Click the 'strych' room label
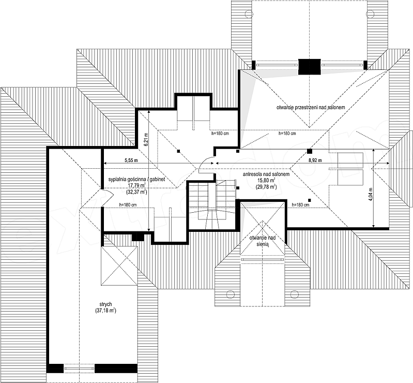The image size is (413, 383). [106, 304]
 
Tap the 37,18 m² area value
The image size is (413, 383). [106, 311]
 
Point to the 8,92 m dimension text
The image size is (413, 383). [315, 160]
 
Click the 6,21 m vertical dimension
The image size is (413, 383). [146, 140]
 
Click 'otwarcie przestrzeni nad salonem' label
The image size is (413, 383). [311, 107]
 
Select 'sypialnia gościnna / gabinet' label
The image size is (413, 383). [136, 179]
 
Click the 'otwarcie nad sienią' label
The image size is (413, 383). [263, 241]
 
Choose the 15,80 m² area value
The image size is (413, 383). [266, 181]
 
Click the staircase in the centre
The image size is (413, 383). [211, 204]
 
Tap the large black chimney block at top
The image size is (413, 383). [310, 66]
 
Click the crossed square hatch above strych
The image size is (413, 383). [119, 266]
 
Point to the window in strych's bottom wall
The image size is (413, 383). [79, 368]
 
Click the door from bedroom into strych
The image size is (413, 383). [108, 197]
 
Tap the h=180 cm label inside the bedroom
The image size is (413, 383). [128, 204]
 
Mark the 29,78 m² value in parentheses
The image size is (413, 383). [266, 187]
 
